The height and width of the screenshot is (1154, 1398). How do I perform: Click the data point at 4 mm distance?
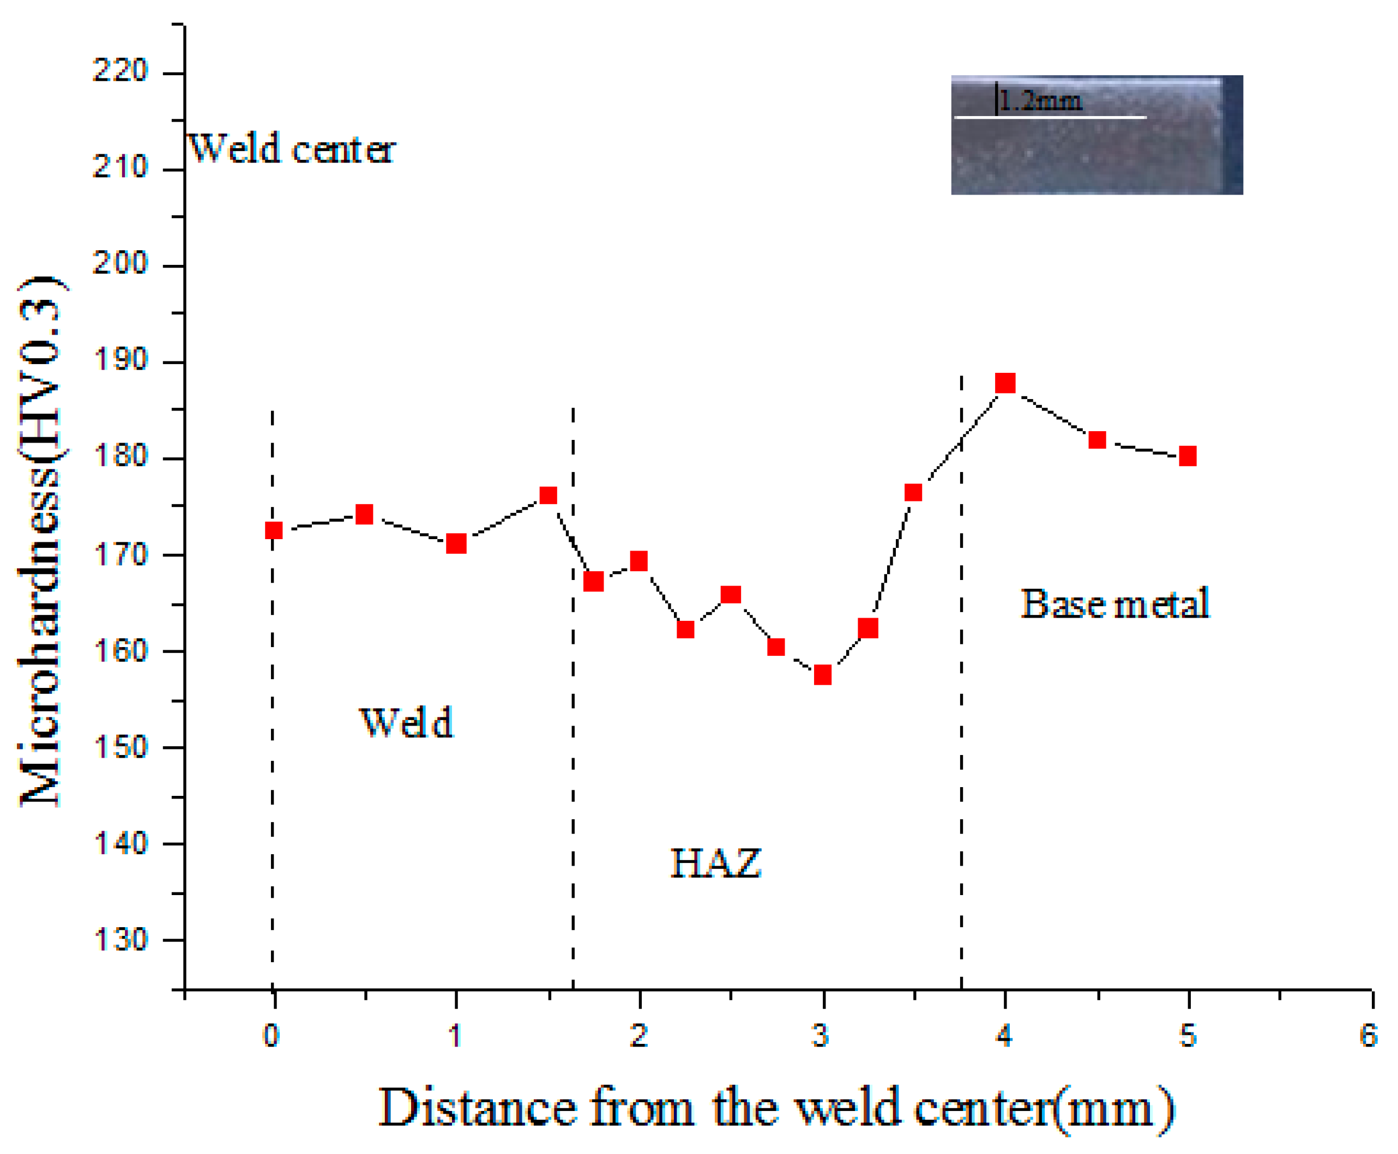1004,383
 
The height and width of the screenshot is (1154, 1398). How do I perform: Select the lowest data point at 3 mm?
822,675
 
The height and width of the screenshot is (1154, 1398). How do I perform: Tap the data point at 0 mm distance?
273,530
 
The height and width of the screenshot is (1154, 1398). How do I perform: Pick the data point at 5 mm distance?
1188,456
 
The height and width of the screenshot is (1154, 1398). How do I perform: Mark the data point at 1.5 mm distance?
548,496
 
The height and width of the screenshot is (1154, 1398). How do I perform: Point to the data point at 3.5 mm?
913,492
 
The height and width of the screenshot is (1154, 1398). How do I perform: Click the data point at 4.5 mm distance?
1097,440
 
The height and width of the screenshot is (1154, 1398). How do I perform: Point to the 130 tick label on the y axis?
119,940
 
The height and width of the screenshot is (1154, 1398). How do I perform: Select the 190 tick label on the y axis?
119,360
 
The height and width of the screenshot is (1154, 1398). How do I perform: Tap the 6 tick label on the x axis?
1368,1036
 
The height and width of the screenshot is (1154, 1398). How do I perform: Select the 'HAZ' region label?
715,863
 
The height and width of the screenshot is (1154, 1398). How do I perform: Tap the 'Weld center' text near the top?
292,149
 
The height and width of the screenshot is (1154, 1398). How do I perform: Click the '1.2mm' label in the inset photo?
1040,101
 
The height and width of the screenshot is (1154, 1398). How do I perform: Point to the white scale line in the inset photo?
1050,118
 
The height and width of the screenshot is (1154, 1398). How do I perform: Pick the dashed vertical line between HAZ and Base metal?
961,731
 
